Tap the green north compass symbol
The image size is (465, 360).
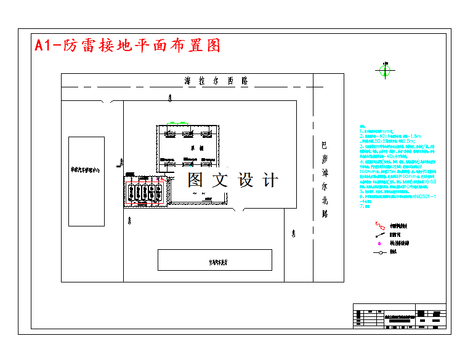pos(384,71)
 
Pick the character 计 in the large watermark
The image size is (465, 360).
pos(270,180)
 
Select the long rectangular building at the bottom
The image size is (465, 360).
pos(214,260)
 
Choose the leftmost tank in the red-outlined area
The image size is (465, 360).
pos(131,191)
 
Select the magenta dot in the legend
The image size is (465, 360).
pos(379,243)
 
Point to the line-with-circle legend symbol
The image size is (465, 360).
pos(379,252)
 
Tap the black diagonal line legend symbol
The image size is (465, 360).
pos(379,234)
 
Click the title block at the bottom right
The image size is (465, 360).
pos(398,317)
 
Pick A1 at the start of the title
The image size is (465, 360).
pos(42,46)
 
